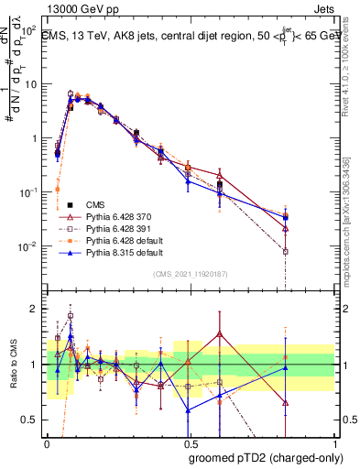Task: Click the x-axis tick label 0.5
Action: pos(191,444)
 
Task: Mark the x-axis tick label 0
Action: pos(47,444)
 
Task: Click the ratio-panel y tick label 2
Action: pos(34,309)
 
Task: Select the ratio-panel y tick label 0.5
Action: pos(29,420)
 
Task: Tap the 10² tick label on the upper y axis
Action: pos(28,30)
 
